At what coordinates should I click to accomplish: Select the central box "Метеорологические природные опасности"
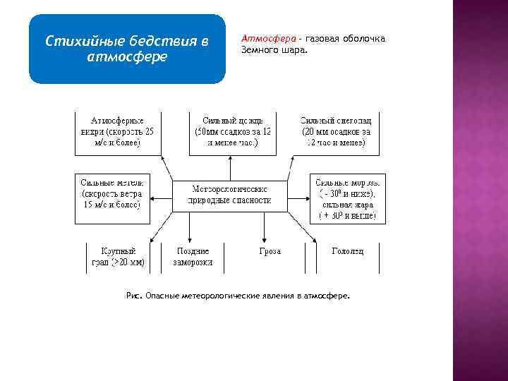point(230,194)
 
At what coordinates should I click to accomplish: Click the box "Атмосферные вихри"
point(118,131)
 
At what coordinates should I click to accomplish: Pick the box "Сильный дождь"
point(232,131)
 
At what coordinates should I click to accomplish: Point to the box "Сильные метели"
point(112,193)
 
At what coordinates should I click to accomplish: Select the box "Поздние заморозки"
point(193,257)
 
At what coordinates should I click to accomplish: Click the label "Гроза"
point(270,251)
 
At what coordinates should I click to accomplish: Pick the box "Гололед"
point(347,251)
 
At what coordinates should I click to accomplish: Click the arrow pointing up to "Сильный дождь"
point(230,168)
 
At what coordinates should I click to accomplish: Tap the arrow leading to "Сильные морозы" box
point(299,194)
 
